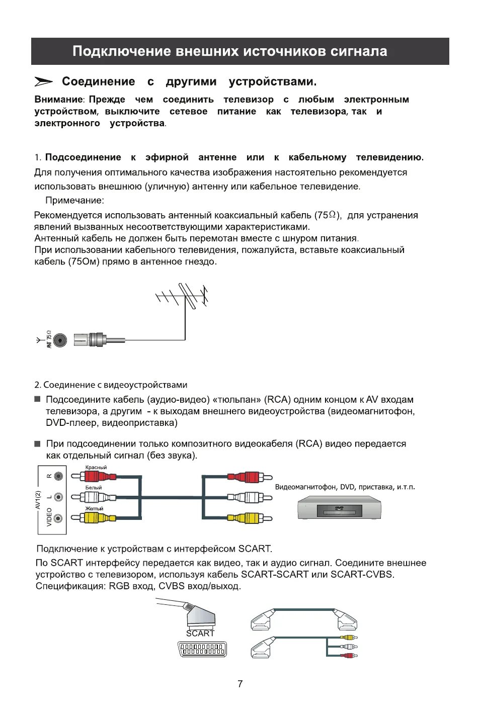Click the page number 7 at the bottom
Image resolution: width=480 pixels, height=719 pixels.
coord(240,684)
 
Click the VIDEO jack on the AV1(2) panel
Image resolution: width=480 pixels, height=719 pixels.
coord(58,518)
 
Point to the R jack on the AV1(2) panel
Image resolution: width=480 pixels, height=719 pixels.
coord(58,476)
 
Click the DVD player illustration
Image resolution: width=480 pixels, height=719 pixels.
coord(339,508)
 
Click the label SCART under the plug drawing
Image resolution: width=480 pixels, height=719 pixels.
coord(200,634)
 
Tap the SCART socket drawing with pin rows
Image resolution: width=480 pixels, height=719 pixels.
coord(202,649)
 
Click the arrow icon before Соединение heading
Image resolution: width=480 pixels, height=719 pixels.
coord(44,81)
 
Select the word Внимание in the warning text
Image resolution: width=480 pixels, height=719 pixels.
coord(58,100)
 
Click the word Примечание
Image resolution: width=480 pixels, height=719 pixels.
coord(74,201)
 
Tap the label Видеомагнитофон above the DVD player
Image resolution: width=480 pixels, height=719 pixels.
coord(306,487)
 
